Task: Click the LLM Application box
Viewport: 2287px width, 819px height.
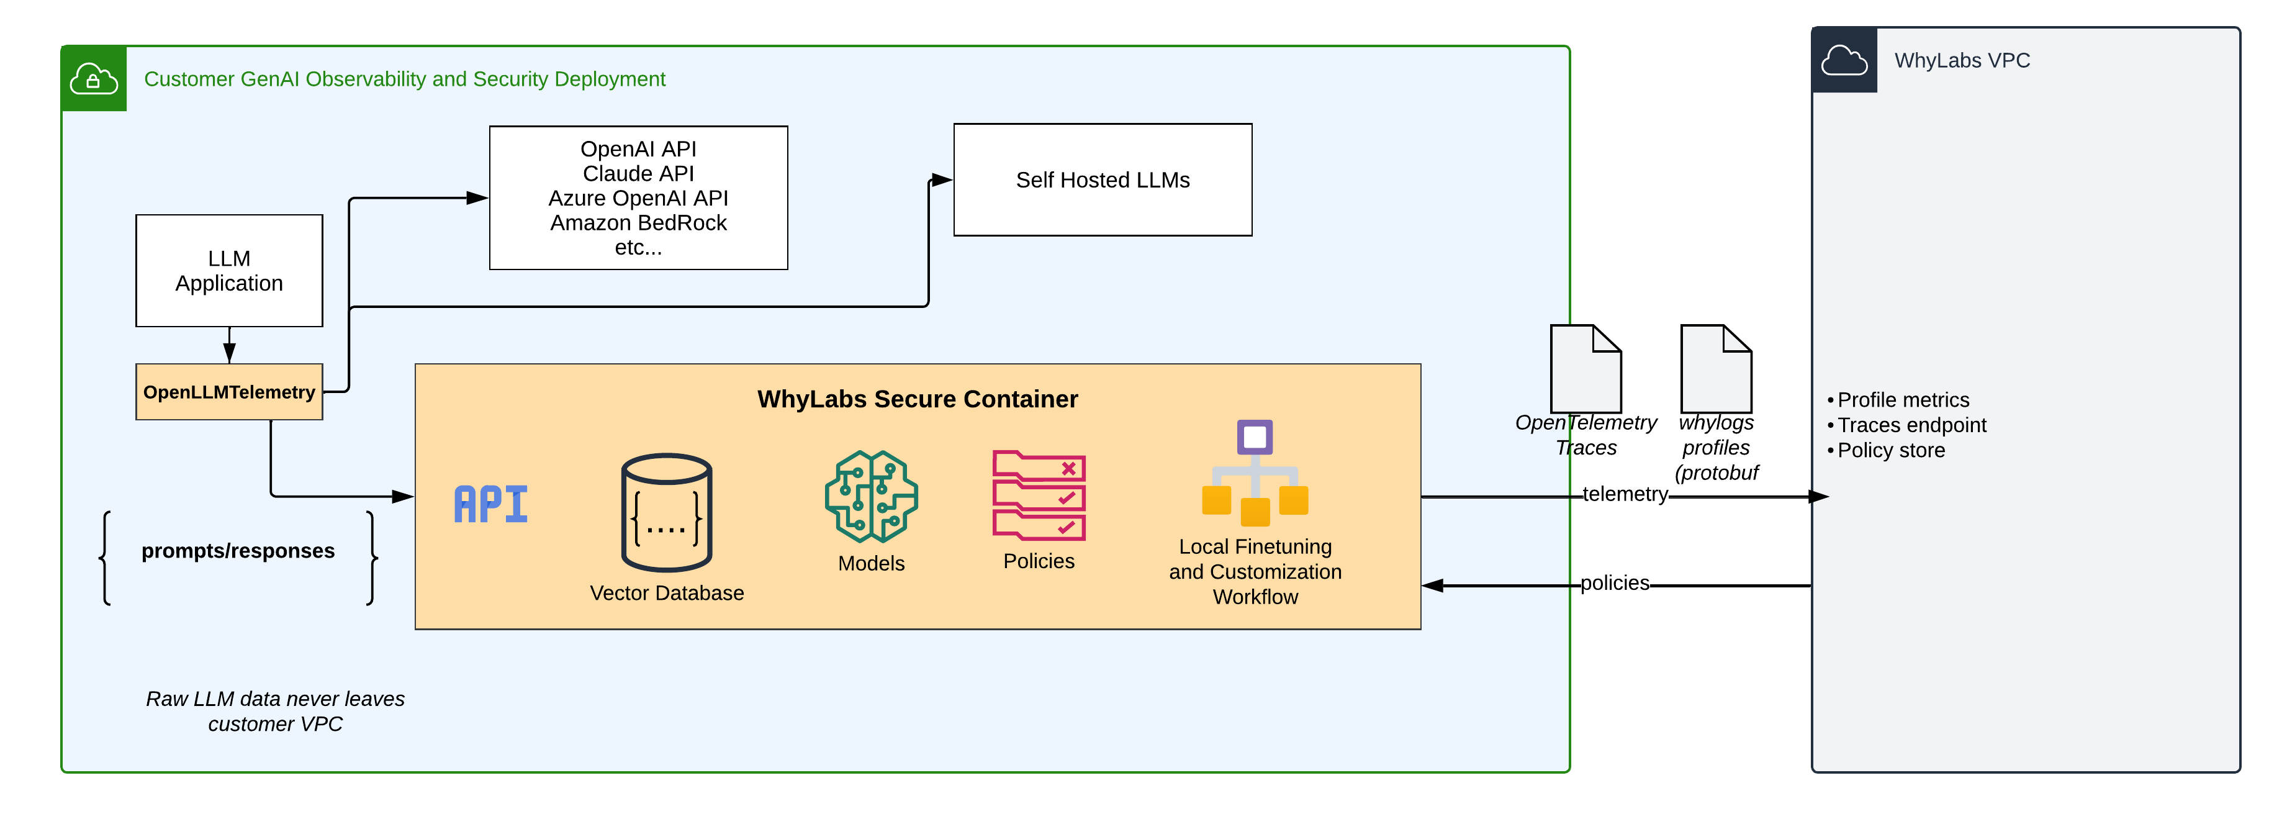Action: [229, 270]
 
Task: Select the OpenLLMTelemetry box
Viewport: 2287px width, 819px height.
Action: [229, 392]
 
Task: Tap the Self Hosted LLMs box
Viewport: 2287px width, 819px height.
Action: [1102, 180]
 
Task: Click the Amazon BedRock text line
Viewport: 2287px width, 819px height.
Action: [638, 223]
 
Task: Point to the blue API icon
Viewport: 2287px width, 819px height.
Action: [491, 505]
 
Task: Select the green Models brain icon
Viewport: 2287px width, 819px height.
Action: [871, 497]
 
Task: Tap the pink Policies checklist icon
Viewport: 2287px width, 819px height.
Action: [1038, 495]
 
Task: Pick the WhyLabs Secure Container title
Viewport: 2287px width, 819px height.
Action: [917, 399]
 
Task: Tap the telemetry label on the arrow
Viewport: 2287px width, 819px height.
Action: [1625, 494]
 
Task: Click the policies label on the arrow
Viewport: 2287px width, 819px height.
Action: [1614, 582]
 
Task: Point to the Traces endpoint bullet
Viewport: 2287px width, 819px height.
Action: [1911, 425]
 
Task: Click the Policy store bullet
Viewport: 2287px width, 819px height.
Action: [1890, 450]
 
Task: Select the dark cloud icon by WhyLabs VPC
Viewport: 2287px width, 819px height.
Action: [1844, 60]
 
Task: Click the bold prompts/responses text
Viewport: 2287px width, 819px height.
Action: [238, 551]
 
